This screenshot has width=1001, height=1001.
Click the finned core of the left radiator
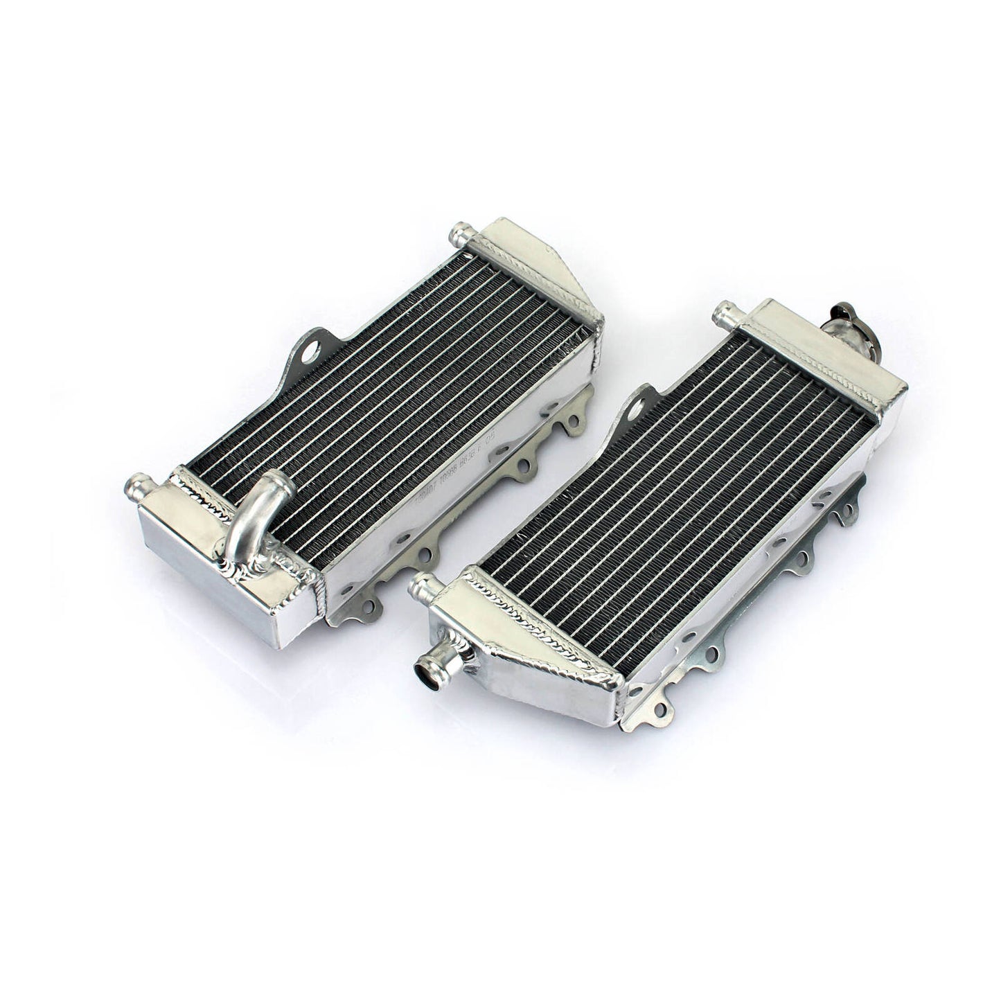[388, 402]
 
